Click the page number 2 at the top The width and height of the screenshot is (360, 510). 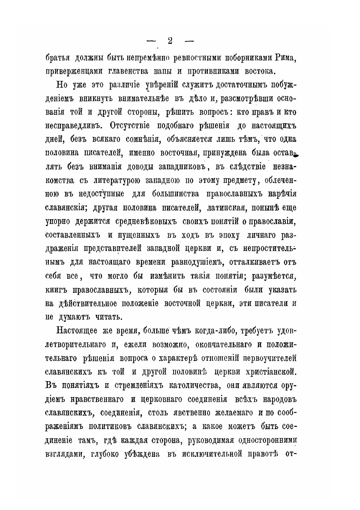170,41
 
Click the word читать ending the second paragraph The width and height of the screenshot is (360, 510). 108,317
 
